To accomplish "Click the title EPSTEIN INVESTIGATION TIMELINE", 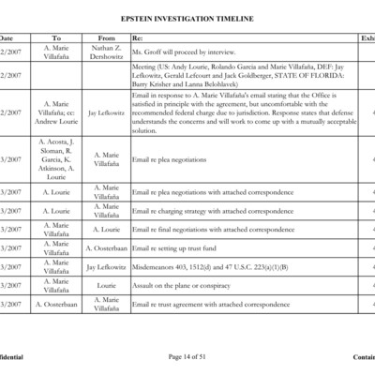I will point(187,18).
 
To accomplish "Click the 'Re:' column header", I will point(138,37).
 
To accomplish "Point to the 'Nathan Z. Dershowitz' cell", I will point(106,52).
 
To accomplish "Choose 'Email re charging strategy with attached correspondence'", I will point(200,211).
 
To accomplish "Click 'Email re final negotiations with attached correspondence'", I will point(199,229).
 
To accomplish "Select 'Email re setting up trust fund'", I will point(180,248).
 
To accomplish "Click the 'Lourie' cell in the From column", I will point(106,286).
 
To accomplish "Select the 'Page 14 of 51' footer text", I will point(187,357).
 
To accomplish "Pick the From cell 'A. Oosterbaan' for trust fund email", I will point(106,248).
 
